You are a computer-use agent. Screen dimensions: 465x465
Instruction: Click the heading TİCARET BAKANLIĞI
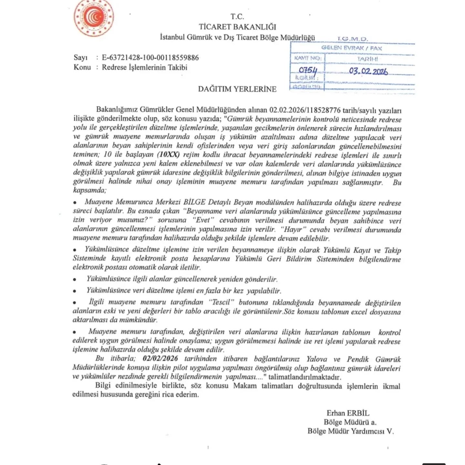[237, 27]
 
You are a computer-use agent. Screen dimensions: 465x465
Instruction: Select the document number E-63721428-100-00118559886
[150, 58]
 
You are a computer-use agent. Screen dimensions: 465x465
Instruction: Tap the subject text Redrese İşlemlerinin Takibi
[145, 67]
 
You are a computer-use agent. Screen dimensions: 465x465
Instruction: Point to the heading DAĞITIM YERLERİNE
[237, 89]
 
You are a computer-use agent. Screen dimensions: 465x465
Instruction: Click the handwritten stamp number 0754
[308, 70]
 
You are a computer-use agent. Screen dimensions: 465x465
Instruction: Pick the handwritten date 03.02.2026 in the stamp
[368, 71]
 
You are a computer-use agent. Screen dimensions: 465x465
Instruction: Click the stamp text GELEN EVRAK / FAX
[352, 48]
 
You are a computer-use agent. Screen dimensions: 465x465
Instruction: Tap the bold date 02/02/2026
[160, 358]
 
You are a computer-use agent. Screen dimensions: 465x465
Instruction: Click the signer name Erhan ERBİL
[348, 413]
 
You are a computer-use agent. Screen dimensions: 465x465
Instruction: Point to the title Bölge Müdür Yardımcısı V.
[351, 431]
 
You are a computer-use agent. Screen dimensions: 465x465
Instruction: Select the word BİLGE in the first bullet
[194, 202]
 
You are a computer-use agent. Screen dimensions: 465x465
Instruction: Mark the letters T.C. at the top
[237, 16]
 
